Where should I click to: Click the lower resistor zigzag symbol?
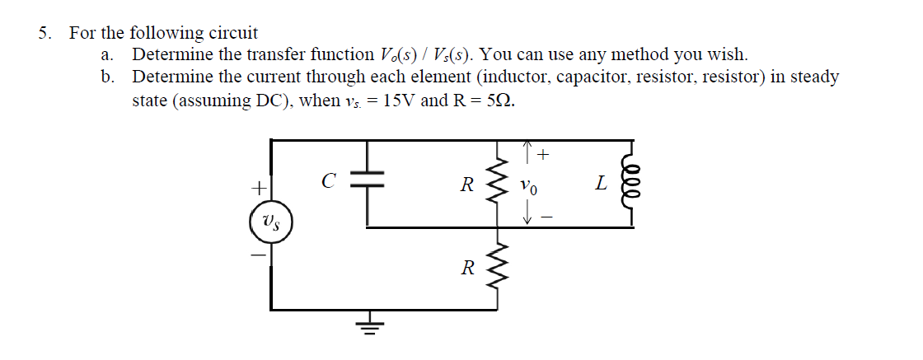[498, 268]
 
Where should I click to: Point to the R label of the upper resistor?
[466, 184]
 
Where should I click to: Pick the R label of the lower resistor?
[466, 268]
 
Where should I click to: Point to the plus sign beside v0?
[544, 154]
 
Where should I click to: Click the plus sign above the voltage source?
[258, 188]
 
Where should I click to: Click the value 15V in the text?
[400, 101]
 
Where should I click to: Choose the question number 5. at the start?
[46, 34]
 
